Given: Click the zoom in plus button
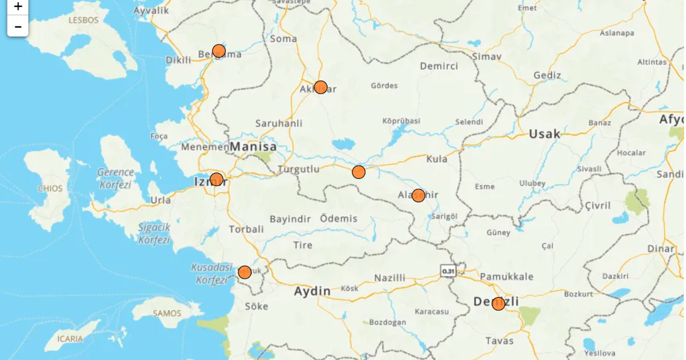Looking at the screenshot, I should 18,7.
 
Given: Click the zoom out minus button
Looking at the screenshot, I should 18,26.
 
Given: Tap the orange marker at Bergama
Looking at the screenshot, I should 218,51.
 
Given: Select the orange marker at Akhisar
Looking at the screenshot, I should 321,87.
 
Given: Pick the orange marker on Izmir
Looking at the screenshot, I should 216,179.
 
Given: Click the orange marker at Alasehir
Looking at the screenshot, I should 418,195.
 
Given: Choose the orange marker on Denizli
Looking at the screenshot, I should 498,303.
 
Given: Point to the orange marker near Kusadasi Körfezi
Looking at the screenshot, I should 245,272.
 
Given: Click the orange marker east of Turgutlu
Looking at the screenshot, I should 358,172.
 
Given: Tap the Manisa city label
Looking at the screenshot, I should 253,147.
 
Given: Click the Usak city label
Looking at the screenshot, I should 544,134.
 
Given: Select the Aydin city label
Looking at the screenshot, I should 312,291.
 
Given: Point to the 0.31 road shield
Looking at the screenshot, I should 448,271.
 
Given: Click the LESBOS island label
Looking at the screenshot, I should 83,20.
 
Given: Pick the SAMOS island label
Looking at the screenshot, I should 167,313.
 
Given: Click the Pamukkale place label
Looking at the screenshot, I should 506,277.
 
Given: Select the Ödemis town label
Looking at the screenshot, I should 338,218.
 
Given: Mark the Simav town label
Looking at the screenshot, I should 486,57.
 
